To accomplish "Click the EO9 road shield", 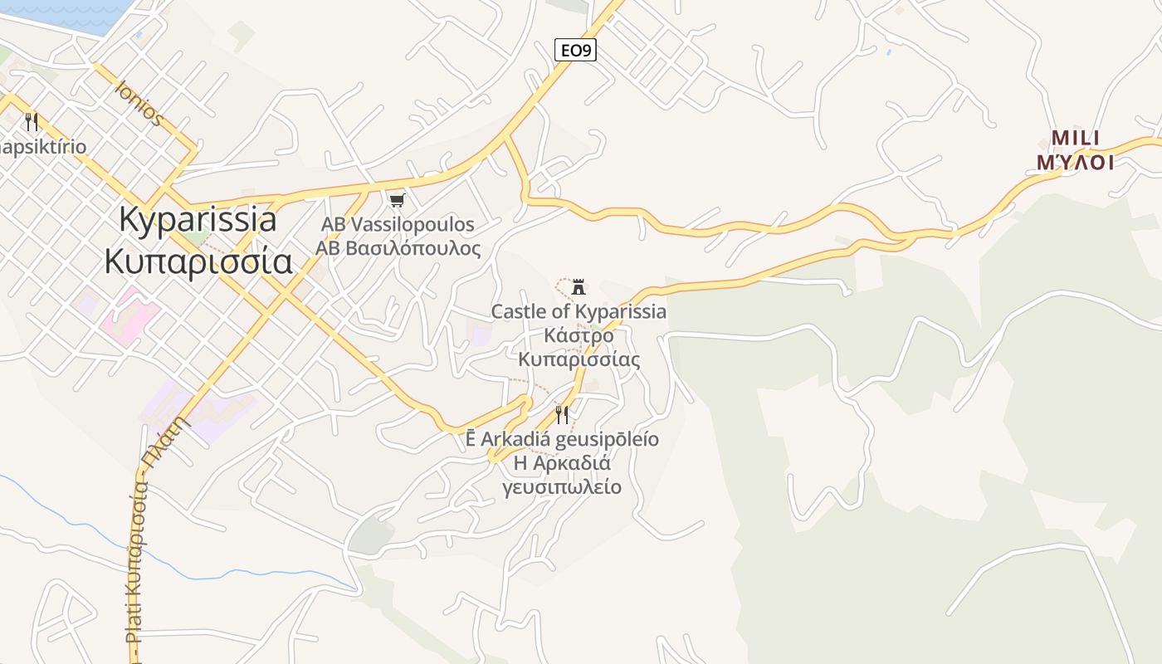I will click(x=575, y=51).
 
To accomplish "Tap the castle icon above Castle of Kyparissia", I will click(x=579, y=288).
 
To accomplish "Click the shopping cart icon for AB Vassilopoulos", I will click(x=398, y=200).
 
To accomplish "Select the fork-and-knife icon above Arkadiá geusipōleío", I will click(x=562, y=414).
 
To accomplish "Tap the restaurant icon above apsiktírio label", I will click(x=32, y=122).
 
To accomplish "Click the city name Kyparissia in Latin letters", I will click(x=198, y=220).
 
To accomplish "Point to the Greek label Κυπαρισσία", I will click(x=198, y=261).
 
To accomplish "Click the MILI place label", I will click(x=1075, y=138).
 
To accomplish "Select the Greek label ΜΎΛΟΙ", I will click(x=1075, y=162).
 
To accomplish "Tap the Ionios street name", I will click(x=139, y=103).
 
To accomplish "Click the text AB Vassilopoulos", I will click(x=398, y=225).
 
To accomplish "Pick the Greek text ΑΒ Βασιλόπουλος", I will click(x=398, y=247).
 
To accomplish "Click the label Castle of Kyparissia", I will click(x=579, y=312).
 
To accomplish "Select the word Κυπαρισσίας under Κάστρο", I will click(x=579, y=359).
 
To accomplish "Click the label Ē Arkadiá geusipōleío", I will click(x=562, y=439).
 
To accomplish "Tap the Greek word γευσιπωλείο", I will click(x=562, y=486).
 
